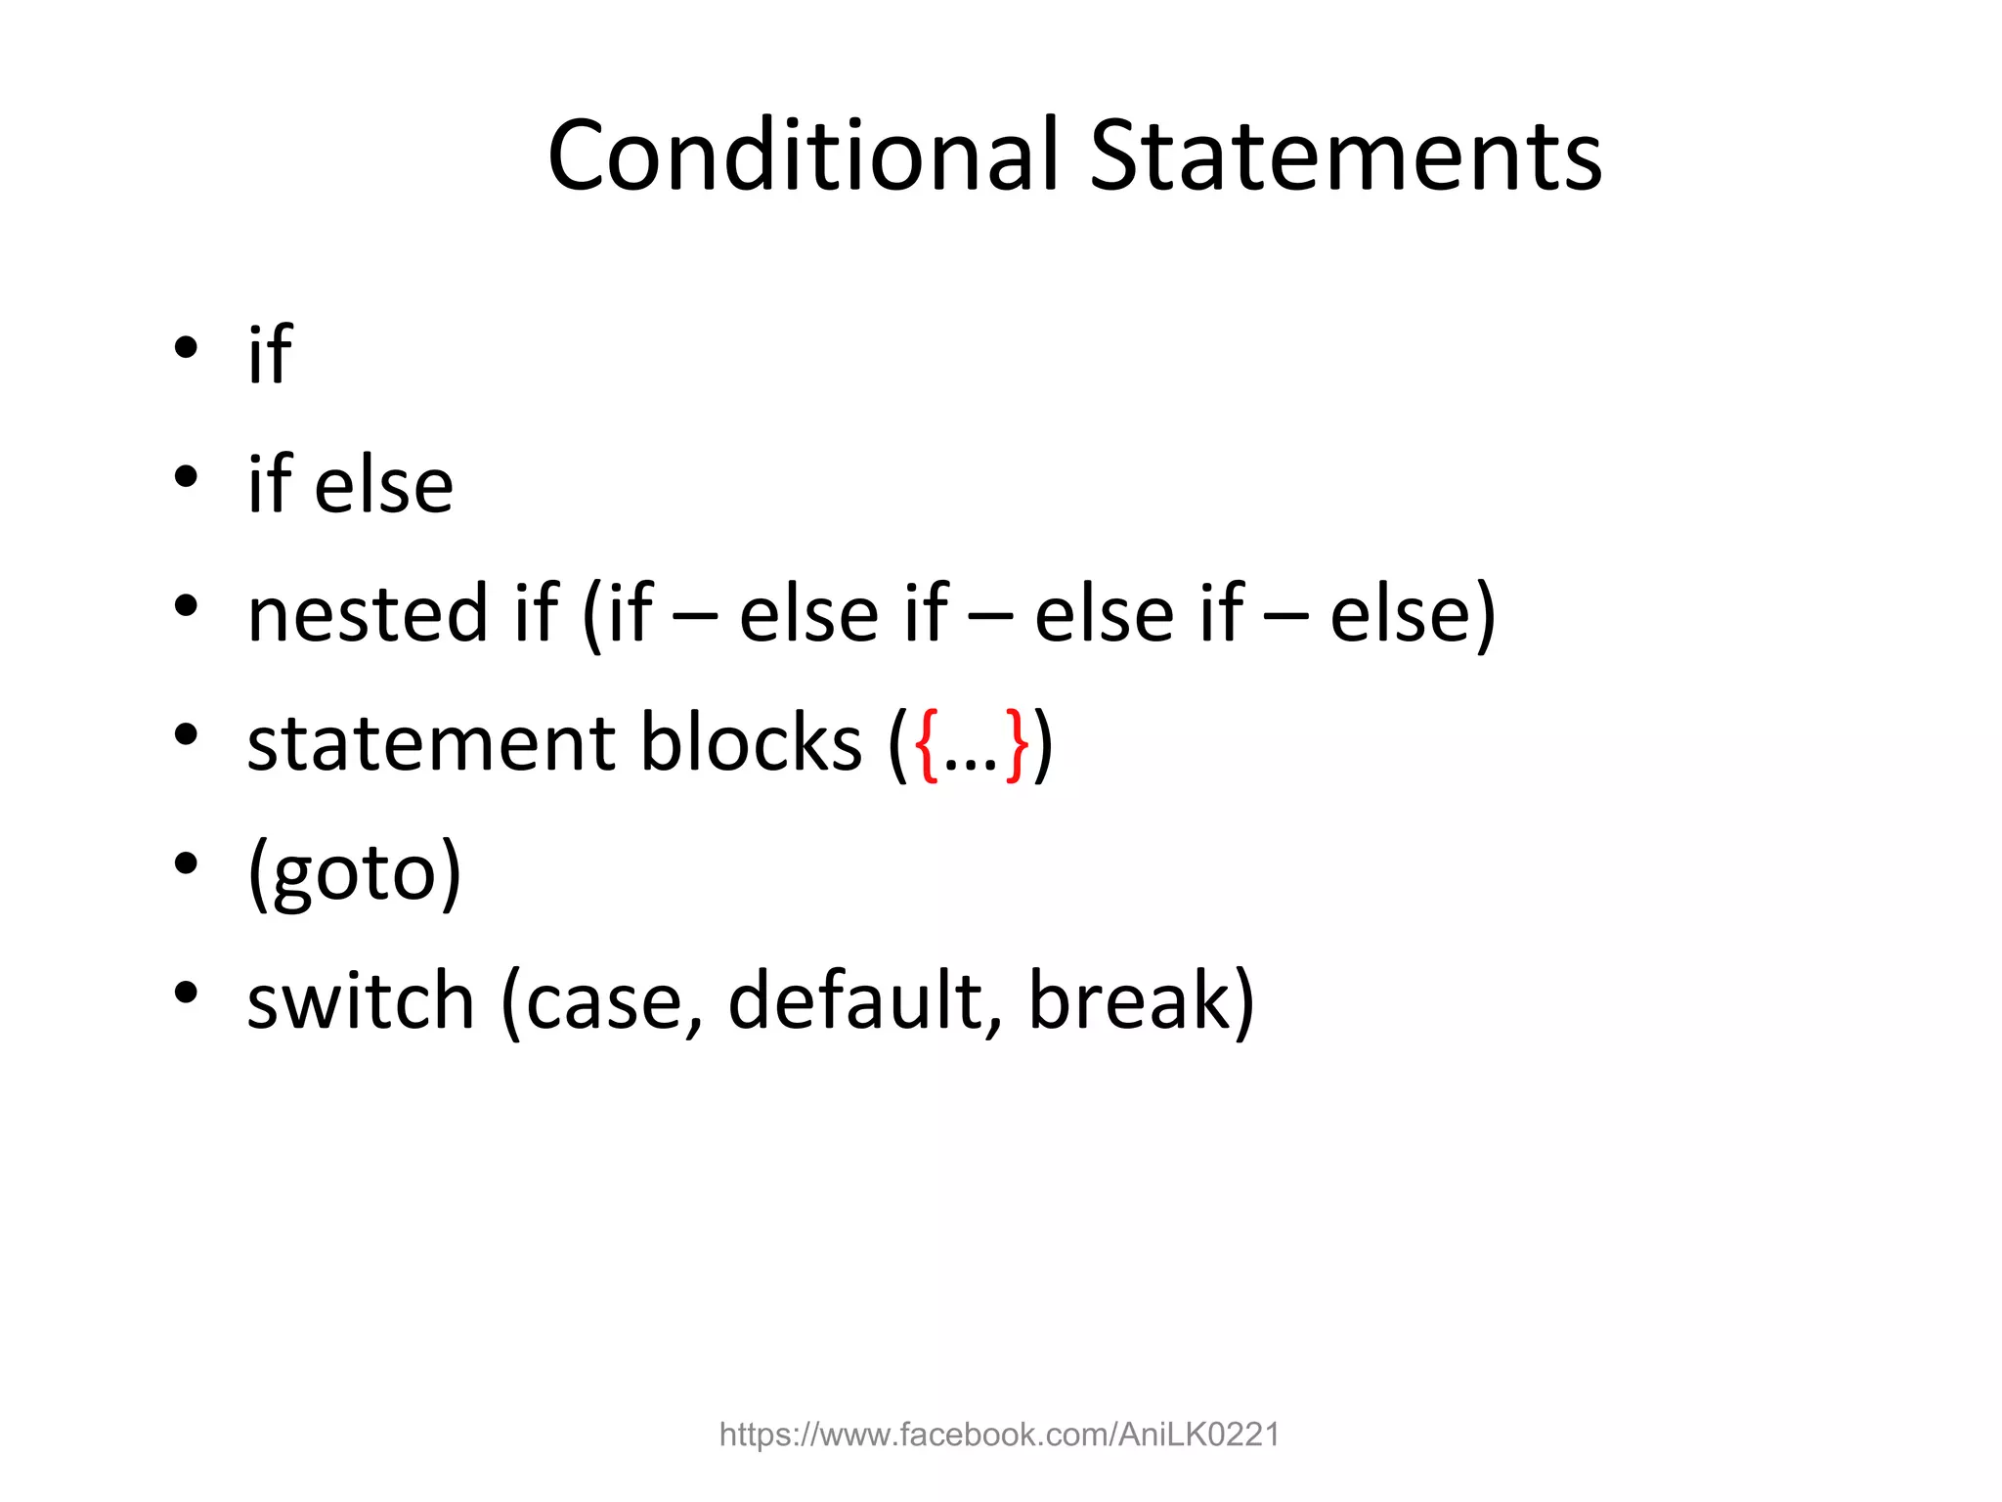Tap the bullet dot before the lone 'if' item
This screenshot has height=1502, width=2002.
186,348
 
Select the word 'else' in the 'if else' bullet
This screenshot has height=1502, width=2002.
383,485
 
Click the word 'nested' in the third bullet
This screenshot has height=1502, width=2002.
368,614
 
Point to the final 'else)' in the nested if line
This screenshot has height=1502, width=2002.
1413,614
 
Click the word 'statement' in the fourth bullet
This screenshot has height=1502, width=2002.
431,743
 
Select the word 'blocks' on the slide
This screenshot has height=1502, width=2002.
751,743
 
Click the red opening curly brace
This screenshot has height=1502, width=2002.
926,745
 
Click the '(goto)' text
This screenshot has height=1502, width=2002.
354,872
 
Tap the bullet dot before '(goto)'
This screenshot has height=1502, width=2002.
186,863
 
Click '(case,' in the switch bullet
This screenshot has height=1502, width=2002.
602,1002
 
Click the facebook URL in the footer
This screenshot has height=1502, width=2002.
999,1435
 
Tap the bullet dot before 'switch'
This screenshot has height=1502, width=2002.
186,993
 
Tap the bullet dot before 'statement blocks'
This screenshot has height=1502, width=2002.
186,734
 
